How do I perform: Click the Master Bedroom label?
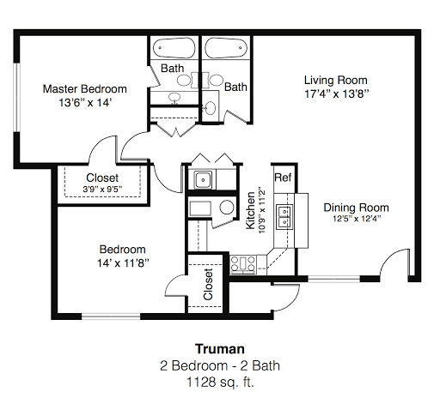point(85,89)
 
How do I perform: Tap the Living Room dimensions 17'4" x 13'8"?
point(336,93)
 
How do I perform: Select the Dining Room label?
point(356,208)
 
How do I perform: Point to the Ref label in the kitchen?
point(283,178)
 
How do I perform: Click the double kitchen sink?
point(284,217)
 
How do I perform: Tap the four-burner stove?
point(243,264)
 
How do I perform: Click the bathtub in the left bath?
point(174,48)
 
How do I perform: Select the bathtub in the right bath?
point(226,48)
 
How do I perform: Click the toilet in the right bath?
point(211,108)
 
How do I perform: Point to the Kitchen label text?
point(250,210)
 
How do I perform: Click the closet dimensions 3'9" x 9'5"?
point(102,189)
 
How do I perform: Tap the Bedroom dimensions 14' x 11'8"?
point(123,263)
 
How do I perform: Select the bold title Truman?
point(220,349)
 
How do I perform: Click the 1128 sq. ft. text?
point(220,383)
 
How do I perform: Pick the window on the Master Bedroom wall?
point(17,97)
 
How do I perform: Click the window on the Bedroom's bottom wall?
point(111,317)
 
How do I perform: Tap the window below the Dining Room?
point(333,279)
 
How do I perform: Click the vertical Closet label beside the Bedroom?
point(208,284)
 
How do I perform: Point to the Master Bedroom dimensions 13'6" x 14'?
point(85,102)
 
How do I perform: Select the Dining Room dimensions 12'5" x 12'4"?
point(357,219)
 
